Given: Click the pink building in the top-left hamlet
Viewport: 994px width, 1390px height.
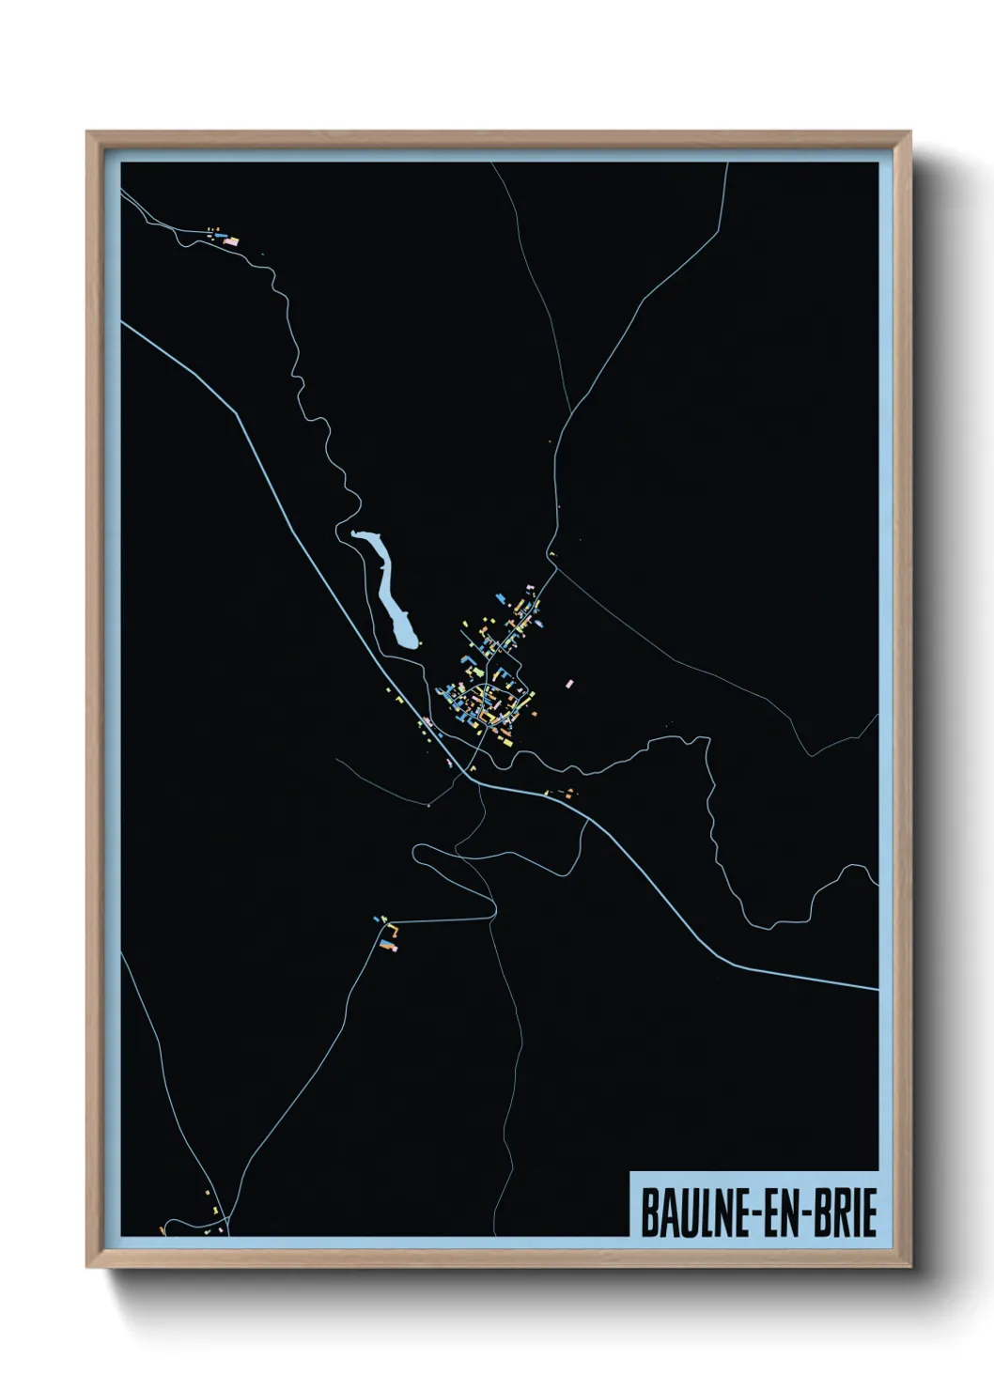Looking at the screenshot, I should pyautogui.click(x=231, y=241).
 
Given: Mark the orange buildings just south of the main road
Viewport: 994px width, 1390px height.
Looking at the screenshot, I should pyautogui.click(x=567, y=793).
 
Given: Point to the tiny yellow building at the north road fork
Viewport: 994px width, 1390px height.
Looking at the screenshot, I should pyautogui.click(x=551, y=556).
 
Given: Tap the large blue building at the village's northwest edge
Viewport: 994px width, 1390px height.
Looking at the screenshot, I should pyautogui.click(x=504, y=597).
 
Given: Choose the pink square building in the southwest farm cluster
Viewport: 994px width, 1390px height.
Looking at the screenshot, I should pyautogui.click(x=396, y=948).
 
